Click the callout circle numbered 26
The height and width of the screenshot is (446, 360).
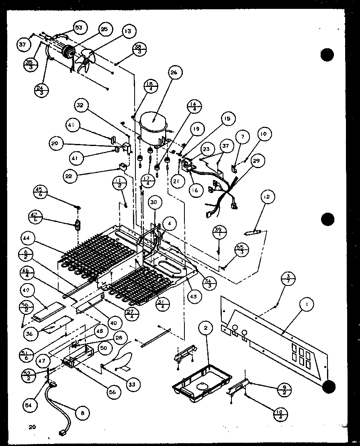(173, 73)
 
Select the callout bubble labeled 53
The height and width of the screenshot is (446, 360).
(79, 27)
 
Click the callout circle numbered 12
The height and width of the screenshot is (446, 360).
(267, 197)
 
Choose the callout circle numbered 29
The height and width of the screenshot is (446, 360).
(256, 160)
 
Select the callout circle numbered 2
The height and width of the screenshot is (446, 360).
(205, 329)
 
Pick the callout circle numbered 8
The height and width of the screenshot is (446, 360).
(83, 412)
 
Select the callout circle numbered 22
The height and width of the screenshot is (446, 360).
(70, 175)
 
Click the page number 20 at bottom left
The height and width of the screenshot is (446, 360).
(32, 427)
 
